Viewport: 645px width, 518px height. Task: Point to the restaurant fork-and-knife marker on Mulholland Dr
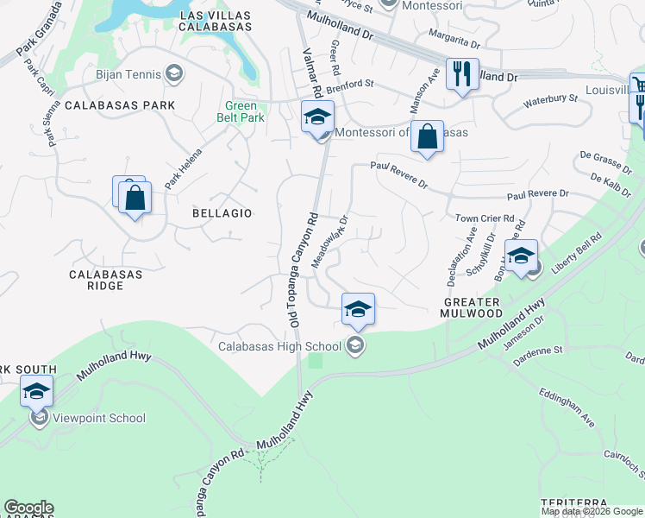[x=462, y=74]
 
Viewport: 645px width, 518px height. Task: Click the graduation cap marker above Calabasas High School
[x=358, y=308]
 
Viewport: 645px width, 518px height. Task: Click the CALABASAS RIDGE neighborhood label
[x=105, y=281]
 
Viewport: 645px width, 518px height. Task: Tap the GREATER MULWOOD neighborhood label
[x=472, y=308]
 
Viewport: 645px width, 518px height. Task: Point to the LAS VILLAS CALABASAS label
[x=216, y=21]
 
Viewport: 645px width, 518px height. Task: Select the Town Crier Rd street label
[x=485, y=219]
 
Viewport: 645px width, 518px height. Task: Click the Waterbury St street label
[x=549, y=100]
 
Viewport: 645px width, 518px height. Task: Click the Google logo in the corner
[x=28, y=508]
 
